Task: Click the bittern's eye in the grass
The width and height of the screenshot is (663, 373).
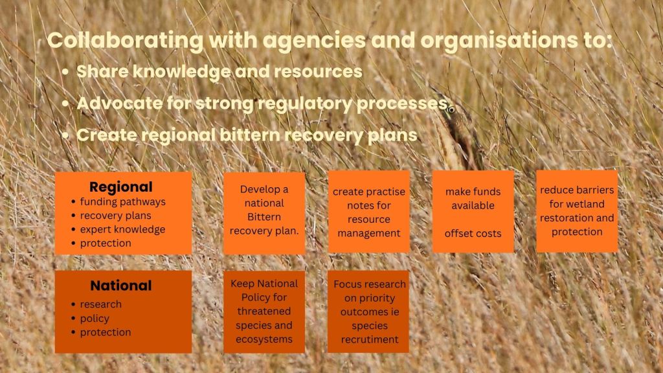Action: (x=451, y=110)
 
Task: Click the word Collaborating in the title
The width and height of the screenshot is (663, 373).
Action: (x=126, y=41)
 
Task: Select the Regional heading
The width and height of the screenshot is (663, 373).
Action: (x=121, y=187)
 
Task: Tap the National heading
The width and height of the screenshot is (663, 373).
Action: (x=121, y=286)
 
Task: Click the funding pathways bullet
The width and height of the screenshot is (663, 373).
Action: (x=122, y=202)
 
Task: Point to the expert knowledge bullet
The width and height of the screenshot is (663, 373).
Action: (x=122, y=229)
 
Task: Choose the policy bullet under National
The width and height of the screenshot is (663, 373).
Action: (x=95, y=319)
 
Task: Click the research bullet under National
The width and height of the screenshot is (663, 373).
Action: (x=100, y=304)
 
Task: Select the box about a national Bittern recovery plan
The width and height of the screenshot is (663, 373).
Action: (x=264, y=213)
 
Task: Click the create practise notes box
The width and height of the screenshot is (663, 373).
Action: (x=369, y=212)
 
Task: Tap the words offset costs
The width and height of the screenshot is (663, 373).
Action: (x=473, y=233)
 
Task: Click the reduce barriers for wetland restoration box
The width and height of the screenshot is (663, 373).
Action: (x=577, y=212)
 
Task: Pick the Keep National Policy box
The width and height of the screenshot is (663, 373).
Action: (x=264, y=311)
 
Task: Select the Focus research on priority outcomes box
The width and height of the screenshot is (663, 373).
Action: (x=368, y=311)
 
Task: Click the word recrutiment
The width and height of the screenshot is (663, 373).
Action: (x=370, y=339)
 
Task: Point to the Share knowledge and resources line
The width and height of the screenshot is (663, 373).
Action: (x=219, y=71)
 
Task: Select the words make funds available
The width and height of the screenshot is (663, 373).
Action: (x=473, y=198)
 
